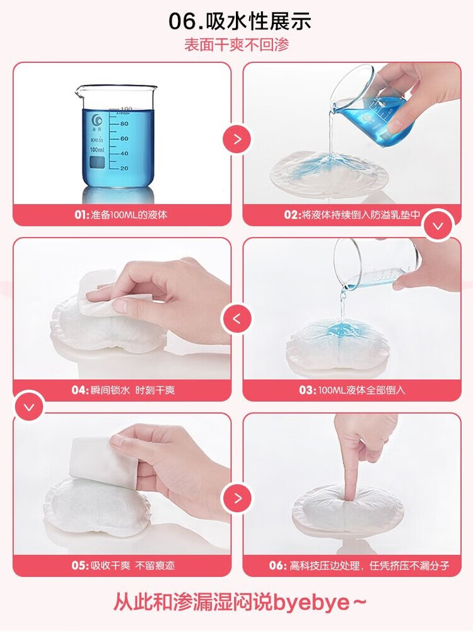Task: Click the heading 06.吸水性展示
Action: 240,21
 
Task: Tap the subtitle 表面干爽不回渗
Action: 237,45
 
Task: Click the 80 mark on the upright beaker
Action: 124,124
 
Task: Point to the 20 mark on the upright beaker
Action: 124,168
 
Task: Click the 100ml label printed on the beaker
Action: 96,150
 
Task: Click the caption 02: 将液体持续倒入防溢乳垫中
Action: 352,214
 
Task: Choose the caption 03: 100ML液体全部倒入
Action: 352,390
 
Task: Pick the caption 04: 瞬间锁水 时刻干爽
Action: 123,390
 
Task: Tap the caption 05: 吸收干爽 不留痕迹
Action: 123,566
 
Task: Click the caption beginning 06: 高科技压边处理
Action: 359,566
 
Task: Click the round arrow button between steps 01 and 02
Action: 237,139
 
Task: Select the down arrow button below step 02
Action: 438,226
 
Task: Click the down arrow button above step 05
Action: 29,407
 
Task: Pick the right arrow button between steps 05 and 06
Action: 237,498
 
